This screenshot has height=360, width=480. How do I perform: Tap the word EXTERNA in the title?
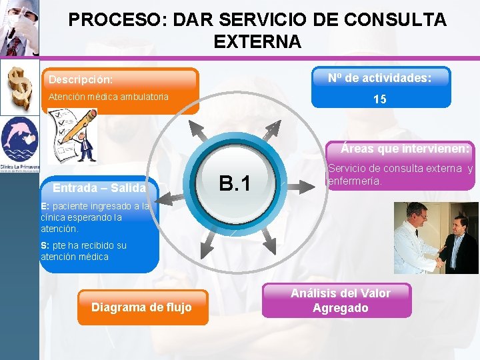257,42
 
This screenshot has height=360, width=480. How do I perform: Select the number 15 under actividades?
380,99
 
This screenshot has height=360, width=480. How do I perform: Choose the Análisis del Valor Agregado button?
340,300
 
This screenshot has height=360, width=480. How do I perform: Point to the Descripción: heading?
80,79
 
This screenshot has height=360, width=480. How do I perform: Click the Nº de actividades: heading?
379,78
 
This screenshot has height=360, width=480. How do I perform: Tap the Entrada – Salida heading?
99,188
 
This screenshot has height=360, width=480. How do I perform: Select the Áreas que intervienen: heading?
405,148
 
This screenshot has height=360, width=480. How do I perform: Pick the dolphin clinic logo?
19,140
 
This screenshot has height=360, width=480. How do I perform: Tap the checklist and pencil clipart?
71,136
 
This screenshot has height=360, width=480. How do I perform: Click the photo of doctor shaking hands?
435,237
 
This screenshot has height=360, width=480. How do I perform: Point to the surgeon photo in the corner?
19,28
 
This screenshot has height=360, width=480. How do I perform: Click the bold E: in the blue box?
45,206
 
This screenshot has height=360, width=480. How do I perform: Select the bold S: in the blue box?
45,245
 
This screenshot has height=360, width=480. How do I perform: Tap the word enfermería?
355,181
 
